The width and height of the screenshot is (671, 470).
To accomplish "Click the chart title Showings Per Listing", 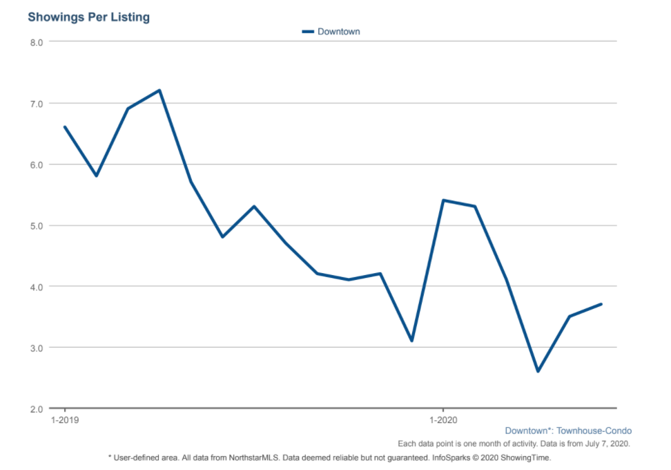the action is coord(88,17).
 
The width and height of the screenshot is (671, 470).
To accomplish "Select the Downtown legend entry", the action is coord(331,32).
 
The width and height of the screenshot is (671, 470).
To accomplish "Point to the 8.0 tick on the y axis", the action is coord(37,42).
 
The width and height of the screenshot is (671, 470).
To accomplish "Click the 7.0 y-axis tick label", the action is coord(37,104).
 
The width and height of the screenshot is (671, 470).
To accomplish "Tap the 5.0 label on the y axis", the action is coord(37,226).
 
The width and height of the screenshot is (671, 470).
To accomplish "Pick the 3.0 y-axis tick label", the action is coord(37,348).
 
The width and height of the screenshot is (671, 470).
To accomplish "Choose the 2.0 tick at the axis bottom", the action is coord(37,409).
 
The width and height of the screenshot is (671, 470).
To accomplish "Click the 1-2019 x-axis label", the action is coord(65,420).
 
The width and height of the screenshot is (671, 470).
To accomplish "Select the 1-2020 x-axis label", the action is coord(443,420).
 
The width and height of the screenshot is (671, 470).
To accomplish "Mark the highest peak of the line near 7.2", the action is coord(159,91).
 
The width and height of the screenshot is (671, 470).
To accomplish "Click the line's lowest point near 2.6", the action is coord(538,371).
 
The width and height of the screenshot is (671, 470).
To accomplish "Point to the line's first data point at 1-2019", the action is coord(65,126).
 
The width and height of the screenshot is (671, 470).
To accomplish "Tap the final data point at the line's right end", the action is coord(601,304).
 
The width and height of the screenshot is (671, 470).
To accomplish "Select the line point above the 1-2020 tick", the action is coord(443,200).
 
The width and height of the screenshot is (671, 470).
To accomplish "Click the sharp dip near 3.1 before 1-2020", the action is coord(411,341).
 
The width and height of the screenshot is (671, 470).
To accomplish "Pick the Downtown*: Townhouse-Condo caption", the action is coord(568,431).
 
